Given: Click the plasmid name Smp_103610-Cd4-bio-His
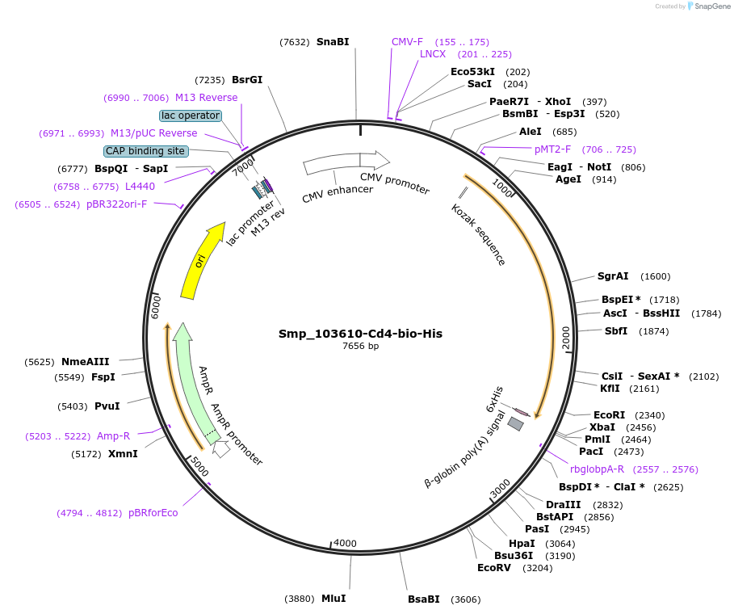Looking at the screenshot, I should pyautogui.click(x=360, y=334).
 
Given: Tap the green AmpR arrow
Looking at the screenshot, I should pyautogui.click(x=193, y=380).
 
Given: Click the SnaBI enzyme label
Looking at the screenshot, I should pyautogui.click(x=333, y=42).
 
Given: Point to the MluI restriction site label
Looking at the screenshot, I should pyautogui.click(x=333, y=599).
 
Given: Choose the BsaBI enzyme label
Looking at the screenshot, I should pyautogui.click(x=424, y=599).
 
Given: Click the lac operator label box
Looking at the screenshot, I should pyautogui.click(x=190, y=116).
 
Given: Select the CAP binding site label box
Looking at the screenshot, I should pyautogui.click(x=145, y=151).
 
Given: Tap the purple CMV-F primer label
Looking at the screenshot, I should pyautogui.click(x=407, y=42).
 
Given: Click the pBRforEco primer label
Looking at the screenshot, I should pyautogui.click(x=153, y=513).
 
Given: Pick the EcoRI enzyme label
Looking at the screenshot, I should pyautogui.click(x=609, y=414).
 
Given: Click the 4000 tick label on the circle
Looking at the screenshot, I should pyautogui.click(x=345, y=544).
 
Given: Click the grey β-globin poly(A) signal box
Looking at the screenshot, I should pyautogui.click(x=515, y=423).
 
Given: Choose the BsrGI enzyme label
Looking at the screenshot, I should pyautogui.click(x=247, y=80).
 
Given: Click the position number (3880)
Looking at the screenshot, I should pyautogui.click(x=300, y=599).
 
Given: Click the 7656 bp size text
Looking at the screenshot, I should pyautogui.click(x=360, y=346).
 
